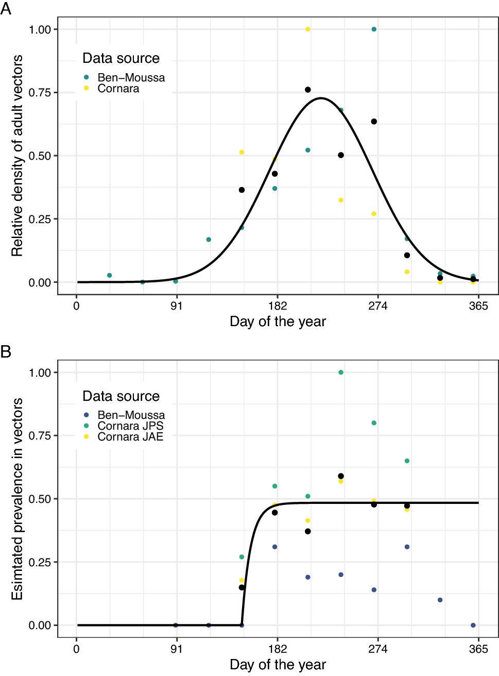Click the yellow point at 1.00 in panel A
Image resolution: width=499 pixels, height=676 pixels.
pos(308,29)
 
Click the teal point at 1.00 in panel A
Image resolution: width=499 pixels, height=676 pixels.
pos(374,29)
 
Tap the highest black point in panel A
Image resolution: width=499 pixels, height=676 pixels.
pos(308,90)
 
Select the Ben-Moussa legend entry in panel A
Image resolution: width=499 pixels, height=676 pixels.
pos(131,78)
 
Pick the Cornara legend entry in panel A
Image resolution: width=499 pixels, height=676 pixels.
pos(118,89)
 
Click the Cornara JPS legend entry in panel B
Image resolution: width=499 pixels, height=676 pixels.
pos(130,426)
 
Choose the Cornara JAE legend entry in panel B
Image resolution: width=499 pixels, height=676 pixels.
pos(130,437)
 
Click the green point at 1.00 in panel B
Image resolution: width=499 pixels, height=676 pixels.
pos(341,373)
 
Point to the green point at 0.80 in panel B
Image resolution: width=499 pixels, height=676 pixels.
pos(374,423)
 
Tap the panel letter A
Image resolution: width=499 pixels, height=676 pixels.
pos(6,9)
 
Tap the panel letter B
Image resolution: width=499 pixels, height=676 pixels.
pos(6,352)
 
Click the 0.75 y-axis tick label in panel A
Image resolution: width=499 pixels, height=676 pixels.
pos(40,93)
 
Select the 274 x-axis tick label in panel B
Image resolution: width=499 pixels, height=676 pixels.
pos(378,649)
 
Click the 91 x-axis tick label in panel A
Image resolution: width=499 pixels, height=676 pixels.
pos(177,306)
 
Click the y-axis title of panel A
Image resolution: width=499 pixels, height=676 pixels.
pos(18,156)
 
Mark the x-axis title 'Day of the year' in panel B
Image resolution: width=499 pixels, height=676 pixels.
pos(278,665)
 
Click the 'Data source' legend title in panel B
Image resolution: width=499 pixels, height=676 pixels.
pos(121,396)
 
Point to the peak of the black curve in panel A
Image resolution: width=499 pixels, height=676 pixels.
pos(321,98)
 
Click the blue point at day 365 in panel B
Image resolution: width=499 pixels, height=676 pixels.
pos(473,626)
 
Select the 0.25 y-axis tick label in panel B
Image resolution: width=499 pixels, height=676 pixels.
pos(40,563)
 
